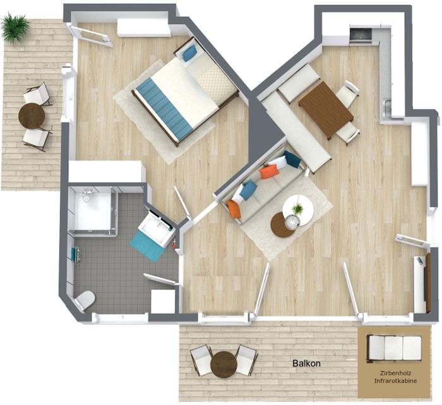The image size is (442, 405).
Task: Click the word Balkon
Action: tap(306, 363)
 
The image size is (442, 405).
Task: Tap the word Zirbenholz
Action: tap(395, 373)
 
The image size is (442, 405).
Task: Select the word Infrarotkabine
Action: tap(395, 381)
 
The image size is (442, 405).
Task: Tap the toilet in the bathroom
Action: tap(85, 301)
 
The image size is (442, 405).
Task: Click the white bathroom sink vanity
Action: tap(157, 229)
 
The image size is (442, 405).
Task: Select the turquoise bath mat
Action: tap(146, 245)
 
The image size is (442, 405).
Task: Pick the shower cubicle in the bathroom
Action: tap(94, 211)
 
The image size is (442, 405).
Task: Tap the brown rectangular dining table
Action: tap(326, 110)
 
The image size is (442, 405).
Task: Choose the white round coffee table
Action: tap(298, 210)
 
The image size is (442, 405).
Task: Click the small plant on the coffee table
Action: tap(297, 209)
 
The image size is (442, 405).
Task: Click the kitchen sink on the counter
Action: tap(388, 109)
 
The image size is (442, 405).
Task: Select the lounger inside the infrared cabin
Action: tap(394, 348)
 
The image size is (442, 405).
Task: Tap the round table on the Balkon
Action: tap(224, 364)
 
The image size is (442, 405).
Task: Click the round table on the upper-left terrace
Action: tap(32, 116)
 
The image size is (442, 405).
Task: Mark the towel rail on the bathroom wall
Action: tap(76, 255)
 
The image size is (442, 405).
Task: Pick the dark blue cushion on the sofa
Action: tap(292, 159)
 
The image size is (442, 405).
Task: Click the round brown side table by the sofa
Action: tap(282, 225)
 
